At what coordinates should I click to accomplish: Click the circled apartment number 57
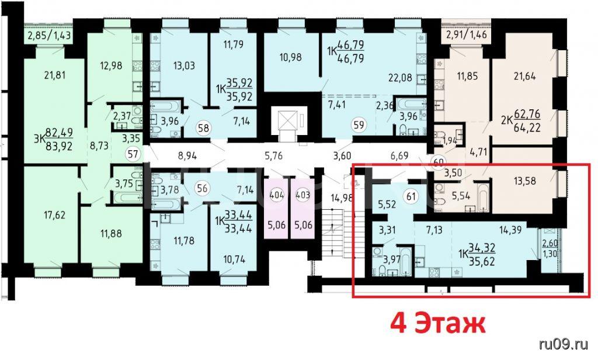pos(133,154)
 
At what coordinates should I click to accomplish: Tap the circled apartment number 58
pos(204,127)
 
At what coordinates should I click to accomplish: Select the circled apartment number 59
pos(359,124)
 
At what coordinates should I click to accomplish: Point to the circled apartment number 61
pos(411,196)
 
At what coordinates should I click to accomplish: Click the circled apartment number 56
pos(203,188)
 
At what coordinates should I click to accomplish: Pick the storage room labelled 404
pos(276,208)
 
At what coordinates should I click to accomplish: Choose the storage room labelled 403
pos(303,208)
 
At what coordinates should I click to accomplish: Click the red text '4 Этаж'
pos(438,324)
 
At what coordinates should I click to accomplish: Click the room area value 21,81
pos(54,75)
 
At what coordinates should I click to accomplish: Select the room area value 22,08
pos(401,77)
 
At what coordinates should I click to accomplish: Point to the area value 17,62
pos(54,215)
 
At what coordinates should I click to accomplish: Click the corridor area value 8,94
pos(187,155)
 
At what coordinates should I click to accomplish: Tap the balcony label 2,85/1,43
pos(50,36)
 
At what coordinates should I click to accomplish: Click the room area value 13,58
pos(525,181)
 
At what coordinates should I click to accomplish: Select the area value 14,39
pos(510,230)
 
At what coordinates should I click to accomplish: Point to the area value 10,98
pos(291,57)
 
